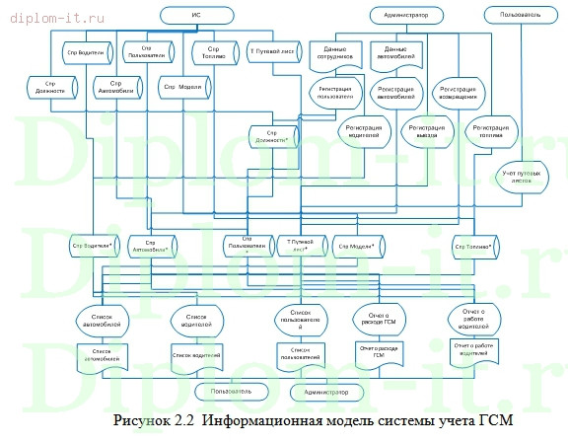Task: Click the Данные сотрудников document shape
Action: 332,52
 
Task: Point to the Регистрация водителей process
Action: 362,132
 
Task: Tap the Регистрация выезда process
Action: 427,132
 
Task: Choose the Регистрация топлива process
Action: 492,132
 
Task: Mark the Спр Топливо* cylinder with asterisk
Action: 473,244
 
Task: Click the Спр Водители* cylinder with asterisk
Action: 90,244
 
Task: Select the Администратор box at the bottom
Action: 326,392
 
